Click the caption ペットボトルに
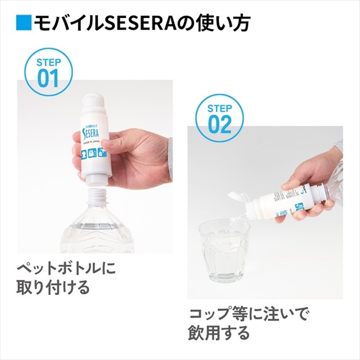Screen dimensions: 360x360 tap(66, 269)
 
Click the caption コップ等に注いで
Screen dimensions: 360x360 tap(249, 316)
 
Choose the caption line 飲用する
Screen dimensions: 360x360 tap(218, 334)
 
